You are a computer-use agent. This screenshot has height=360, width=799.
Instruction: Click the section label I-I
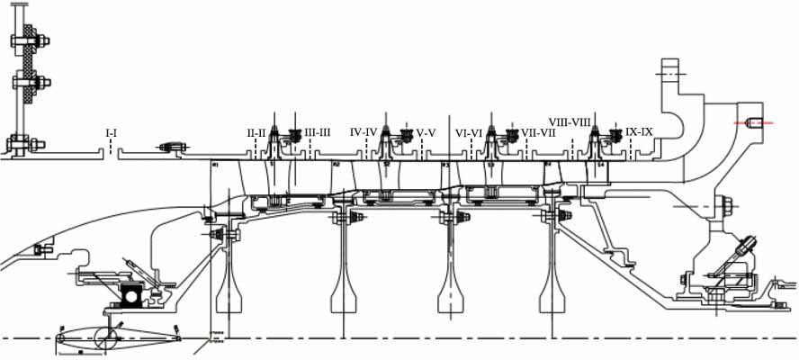[x=112, y=133]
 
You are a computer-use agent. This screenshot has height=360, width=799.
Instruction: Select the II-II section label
[x=256, y=133]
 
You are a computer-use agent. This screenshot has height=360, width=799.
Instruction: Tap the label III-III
[x=319, y=133]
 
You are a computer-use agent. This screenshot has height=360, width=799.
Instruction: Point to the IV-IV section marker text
[x=363, y=132]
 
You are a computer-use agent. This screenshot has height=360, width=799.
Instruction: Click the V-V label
[x=426, y=133]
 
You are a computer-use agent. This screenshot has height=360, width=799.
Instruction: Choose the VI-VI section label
[x=470, y=133]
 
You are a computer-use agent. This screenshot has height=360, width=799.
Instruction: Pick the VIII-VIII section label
[x=569, y=121]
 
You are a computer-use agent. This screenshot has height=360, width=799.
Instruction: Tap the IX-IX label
[x=639, y=131]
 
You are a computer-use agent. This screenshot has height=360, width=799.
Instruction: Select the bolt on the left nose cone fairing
[x=39, y=249]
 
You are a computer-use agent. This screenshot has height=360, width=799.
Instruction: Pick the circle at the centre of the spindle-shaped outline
[x=107, y=339]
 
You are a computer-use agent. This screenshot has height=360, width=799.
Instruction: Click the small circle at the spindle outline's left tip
[x=60, y=338]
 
